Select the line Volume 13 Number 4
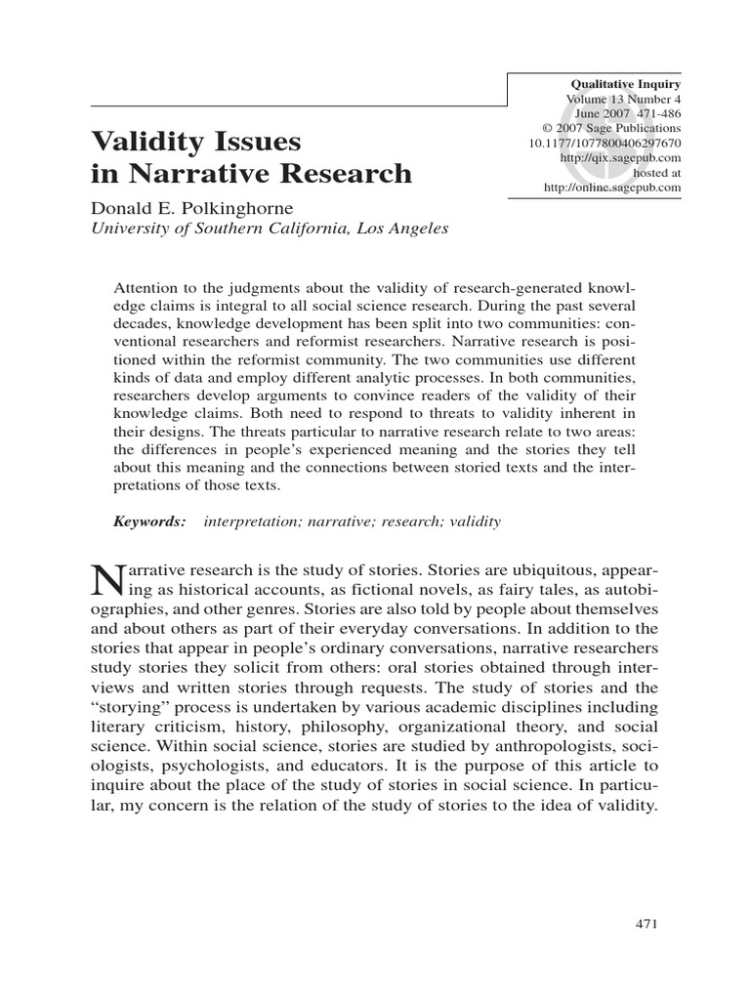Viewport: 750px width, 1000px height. point(623,100)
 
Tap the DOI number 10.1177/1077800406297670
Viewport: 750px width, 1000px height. point(604,143)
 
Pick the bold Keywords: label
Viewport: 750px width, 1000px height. point(149,521)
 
